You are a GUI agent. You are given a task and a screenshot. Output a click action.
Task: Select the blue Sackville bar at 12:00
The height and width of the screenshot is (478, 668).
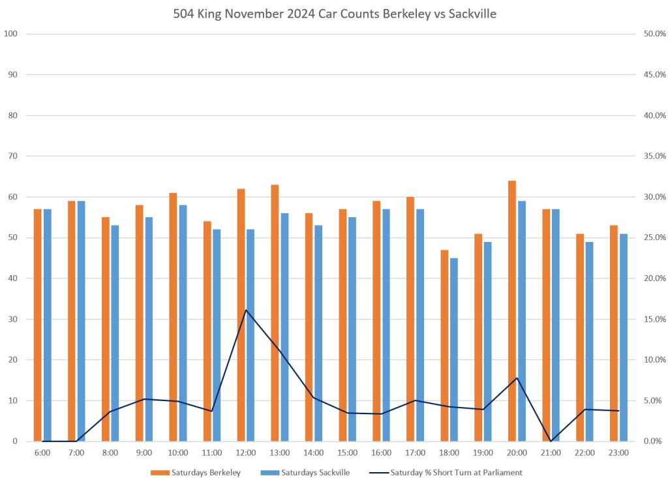(x=250, y=335)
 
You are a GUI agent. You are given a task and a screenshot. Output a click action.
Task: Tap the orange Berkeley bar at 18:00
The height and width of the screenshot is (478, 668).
(x=444, y=346)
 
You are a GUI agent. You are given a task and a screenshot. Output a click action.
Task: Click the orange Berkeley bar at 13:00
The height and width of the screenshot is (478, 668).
(x=275, y=313)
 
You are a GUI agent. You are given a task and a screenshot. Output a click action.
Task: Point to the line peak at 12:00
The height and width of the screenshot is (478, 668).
(x=246, y=310)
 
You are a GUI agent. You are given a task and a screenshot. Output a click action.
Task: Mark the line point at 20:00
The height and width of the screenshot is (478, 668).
(x=517, y=378)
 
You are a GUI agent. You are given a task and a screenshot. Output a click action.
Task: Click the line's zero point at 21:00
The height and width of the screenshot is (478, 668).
(x=551, y=441)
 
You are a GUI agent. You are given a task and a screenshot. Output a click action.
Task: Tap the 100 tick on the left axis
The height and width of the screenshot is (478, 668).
(x=10, y=34)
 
